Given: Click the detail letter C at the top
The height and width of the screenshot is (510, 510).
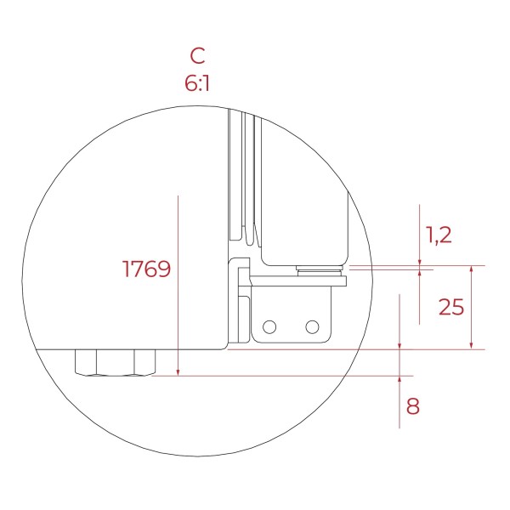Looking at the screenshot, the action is tap(197, 55).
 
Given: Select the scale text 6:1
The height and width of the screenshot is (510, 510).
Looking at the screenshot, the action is tap(197, 83).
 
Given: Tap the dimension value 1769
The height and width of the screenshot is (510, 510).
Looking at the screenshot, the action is tap(146, 269).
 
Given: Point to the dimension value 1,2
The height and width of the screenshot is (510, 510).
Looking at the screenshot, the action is tap(439, 235).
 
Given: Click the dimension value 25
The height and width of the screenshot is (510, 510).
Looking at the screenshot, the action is tap(451, 307).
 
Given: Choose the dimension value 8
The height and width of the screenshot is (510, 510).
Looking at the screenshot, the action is tap(413, 406).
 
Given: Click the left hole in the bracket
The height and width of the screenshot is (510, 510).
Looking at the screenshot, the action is tap(269, 327).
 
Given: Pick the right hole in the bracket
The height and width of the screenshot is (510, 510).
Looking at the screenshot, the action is tap(312, 327).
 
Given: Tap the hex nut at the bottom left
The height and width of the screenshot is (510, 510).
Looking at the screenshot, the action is tap(115, 363).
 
